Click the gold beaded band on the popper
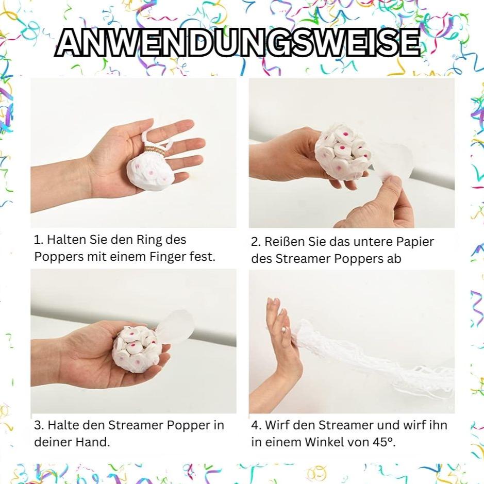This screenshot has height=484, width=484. point(154,151)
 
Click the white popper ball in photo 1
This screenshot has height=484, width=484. point(151,172)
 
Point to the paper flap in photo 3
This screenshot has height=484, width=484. point(176,328)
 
